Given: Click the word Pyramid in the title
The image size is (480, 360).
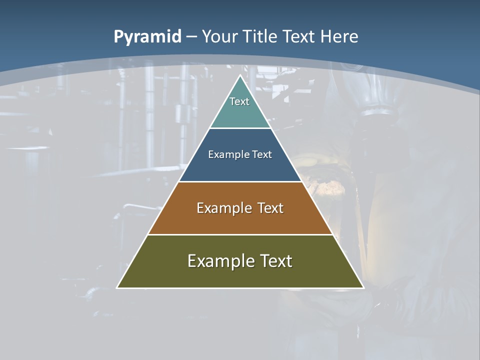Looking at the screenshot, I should pos(147,37).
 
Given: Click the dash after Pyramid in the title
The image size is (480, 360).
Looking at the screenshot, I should pos(191,37).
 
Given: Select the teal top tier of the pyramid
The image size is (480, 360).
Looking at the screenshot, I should pos(240,112).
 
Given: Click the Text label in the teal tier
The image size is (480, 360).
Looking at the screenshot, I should pos(239,101).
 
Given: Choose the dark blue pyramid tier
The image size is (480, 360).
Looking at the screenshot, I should pos(240,167).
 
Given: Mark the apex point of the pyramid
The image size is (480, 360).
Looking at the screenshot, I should pos(240,75).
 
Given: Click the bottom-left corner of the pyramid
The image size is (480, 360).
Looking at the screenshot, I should pos(117,287).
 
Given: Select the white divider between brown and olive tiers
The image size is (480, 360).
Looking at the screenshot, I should pos(240,234).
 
